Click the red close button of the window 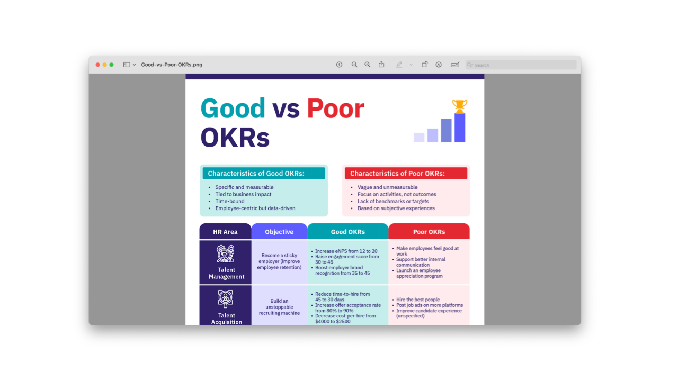(x=98, y=65)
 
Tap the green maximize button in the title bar (x=111, y=65)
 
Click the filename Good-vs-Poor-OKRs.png (x=172, y=65)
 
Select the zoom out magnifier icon (x=354, y=65)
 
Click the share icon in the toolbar (x=381, y=65)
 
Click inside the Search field (x=521, y=65)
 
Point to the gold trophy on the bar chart (x=459, y=106)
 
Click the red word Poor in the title (x=335, y=108)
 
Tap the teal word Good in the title (x=233, y=108)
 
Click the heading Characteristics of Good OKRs (x=256, y=174)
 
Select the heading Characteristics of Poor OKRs (x=397, y=174)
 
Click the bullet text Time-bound (x=230, y=202)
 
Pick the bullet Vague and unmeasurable (x=387, y=187)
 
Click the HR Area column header (x=225, y=232)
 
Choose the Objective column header (x=279, y=232)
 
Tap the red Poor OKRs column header (x=429, y=232)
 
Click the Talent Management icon (x=226, y=253)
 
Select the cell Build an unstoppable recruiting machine (x=279, y=307)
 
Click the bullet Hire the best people (x=418, y=300)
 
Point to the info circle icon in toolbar (x=339, y=65)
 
